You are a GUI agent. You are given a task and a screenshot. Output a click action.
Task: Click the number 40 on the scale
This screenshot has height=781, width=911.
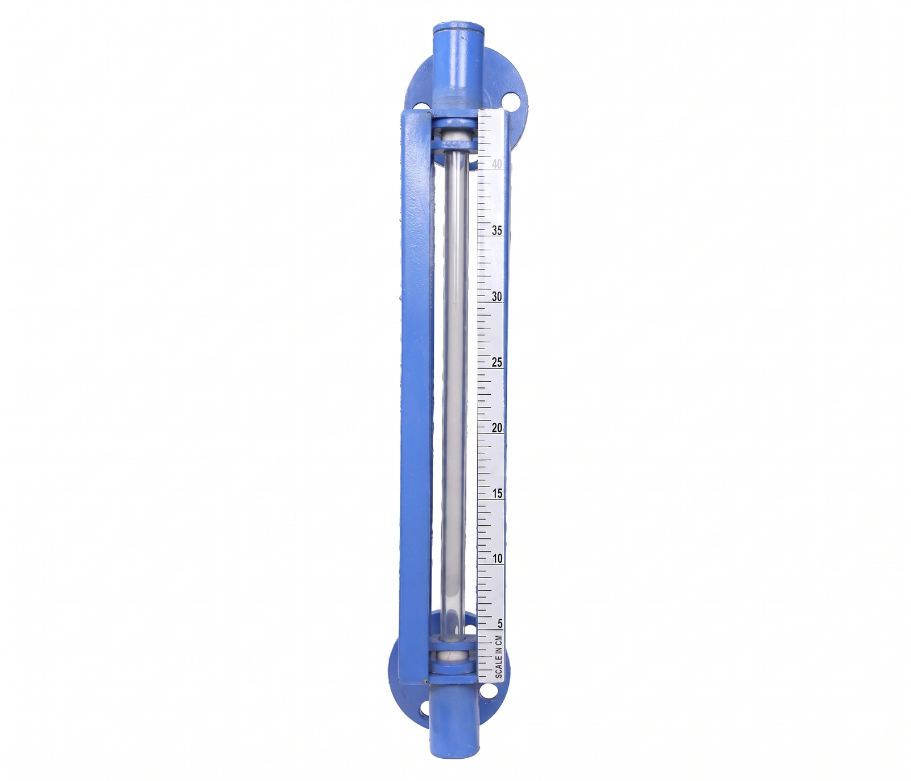(497, 164)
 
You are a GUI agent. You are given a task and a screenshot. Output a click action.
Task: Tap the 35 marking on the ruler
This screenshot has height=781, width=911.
(497, 230)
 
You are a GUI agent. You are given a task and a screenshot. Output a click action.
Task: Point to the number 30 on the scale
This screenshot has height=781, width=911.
(497, 296)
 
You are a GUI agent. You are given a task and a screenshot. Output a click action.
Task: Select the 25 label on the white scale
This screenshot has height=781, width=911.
(497, 362)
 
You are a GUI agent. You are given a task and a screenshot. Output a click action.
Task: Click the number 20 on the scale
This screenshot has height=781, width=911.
(497, 428)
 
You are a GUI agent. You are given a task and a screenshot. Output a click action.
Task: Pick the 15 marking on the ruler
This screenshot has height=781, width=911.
(498, 493)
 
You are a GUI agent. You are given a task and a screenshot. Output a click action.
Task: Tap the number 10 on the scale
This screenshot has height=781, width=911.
(498, 559)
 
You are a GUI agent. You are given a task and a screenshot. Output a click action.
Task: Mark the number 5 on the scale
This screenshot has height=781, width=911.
(500, 624)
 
